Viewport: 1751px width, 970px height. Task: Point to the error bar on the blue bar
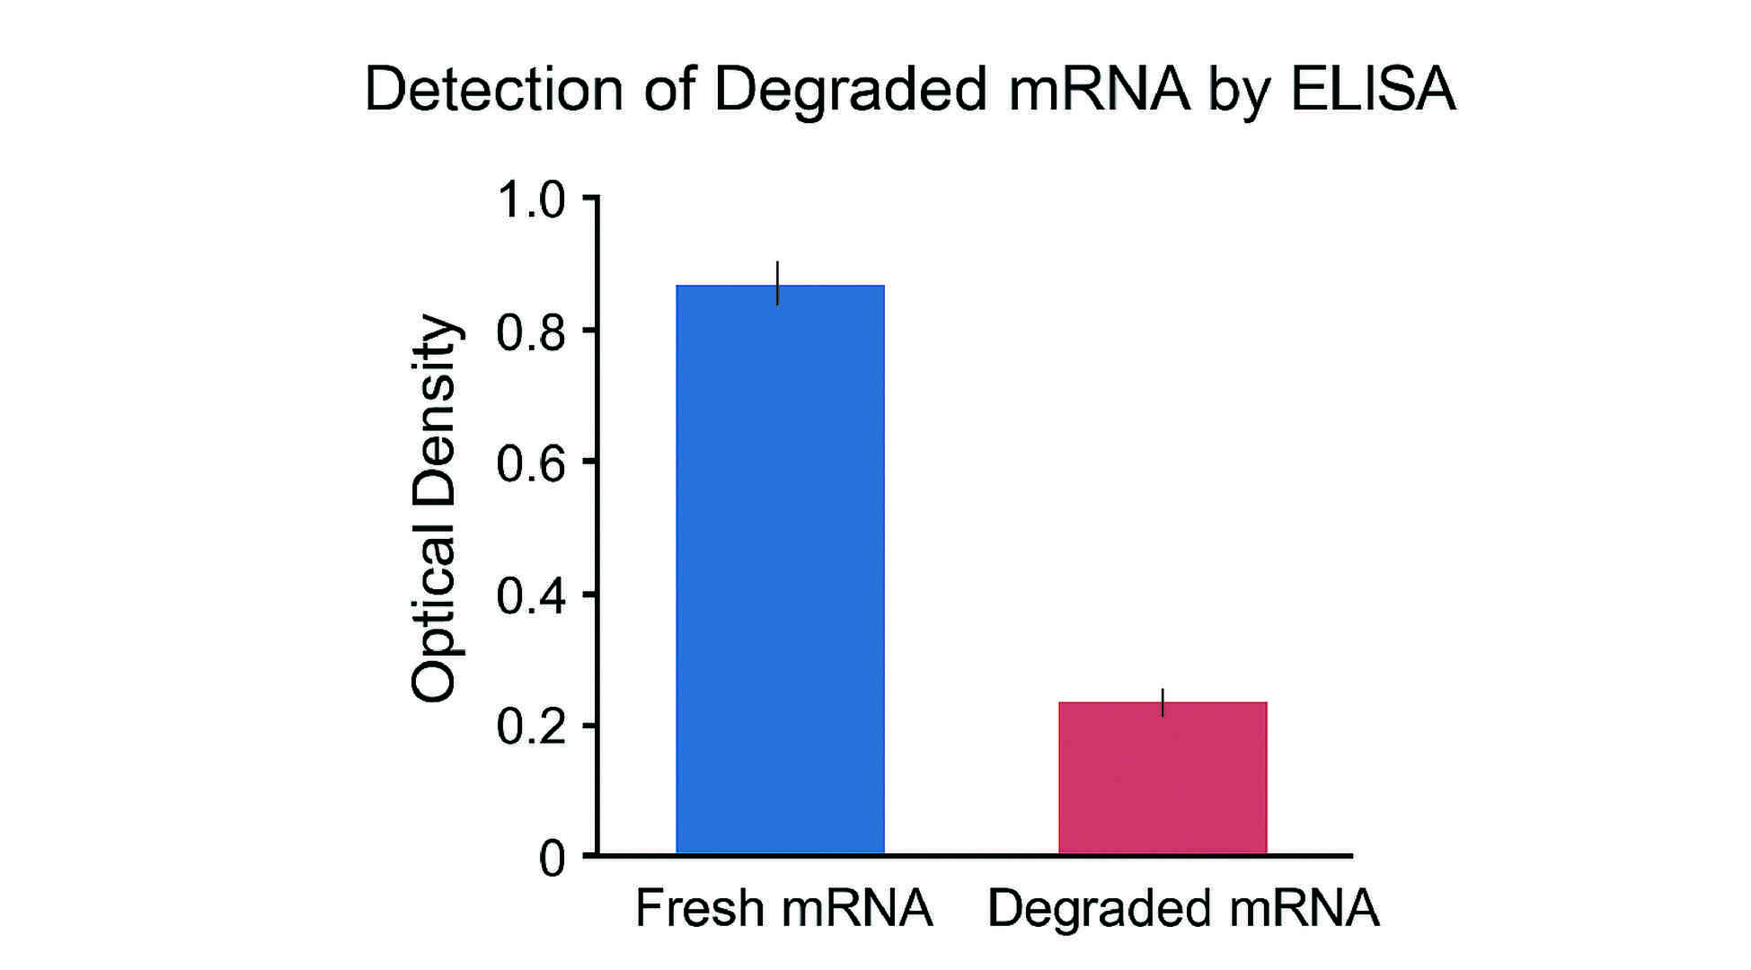(778, 282)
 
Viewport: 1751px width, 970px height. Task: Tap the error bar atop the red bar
(1163, 702)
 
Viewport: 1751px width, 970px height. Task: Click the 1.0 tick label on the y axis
(530, 199)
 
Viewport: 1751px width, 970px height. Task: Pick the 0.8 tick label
(530, 332)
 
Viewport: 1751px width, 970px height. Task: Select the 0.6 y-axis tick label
(530, 464)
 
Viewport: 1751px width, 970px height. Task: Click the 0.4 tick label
(530, 596)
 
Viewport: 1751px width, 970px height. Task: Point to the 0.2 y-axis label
(530, 727)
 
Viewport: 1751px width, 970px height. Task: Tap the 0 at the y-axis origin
(552, 859)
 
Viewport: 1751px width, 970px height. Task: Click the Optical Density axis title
(435, 507)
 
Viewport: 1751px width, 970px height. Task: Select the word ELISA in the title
(1373, 89)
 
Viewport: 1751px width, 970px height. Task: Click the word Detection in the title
(493, 89)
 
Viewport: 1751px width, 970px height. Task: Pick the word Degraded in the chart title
(850, 89)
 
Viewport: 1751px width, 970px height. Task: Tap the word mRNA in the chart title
(1098, 89)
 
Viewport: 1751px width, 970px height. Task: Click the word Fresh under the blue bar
(699, 908)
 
